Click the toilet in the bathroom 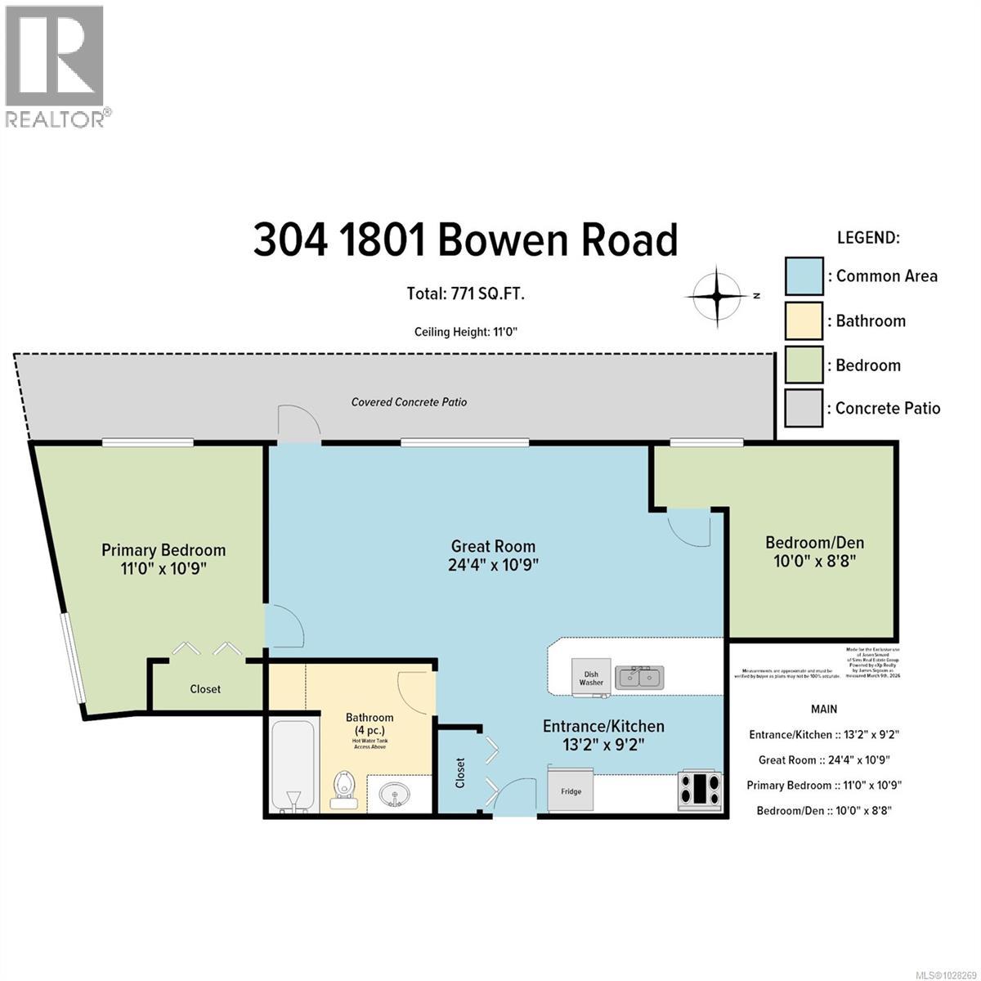tap(344, 788)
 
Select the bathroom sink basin tap(396, 793)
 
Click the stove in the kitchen tap(701, 791)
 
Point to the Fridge tap(571, 790)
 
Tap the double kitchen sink tap(640, 677)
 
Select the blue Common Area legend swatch tap(804, 276)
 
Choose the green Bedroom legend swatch tap(804, 365)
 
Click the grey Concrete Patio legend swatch tap(804, 408)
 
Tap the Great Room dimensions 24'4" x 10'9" tap(493, 565)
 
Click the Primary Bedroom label tap(163, 550)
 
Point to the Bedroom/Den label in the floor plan tap(814, 542)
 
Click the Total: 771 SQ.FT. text tap(466, 293)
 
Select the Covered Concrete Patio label tap(409, 402)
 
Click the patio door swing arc tap(298, 423)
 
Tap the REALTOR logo tap(56, 65)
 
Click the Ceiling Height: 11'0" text tap(466, 332)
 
